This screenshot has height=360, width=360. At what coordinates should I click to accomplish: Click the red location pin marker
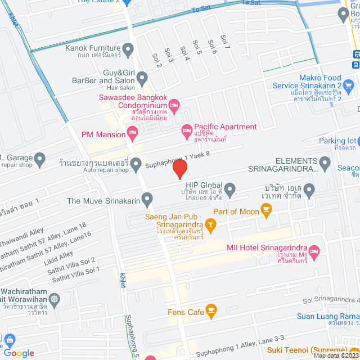pos(179,169)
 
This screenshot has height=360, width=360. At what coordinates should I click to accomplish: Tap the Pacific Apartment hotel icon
pos(187,132)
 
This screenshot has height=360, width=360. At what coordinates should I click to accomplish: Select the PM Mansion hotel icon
pos(133,134)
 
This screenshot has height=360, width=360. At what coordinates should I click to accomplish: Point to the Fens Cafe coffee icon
pos(211,310)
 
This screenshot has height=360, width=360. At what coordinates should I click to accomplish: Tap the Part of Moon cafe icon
pos(266,211)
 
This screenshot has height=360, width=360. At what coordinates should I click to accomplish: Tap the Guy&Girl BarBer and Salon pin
pos(141,78)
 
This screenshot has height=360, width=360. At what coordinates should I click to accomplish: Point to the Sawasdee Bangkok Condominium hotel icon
pos(174,105)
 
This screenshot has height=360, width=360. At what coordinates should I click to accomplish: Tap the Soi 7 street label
pos(226,41)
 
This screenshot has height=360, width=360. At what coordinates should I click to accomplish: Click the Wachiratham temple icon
pos(54,299)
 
